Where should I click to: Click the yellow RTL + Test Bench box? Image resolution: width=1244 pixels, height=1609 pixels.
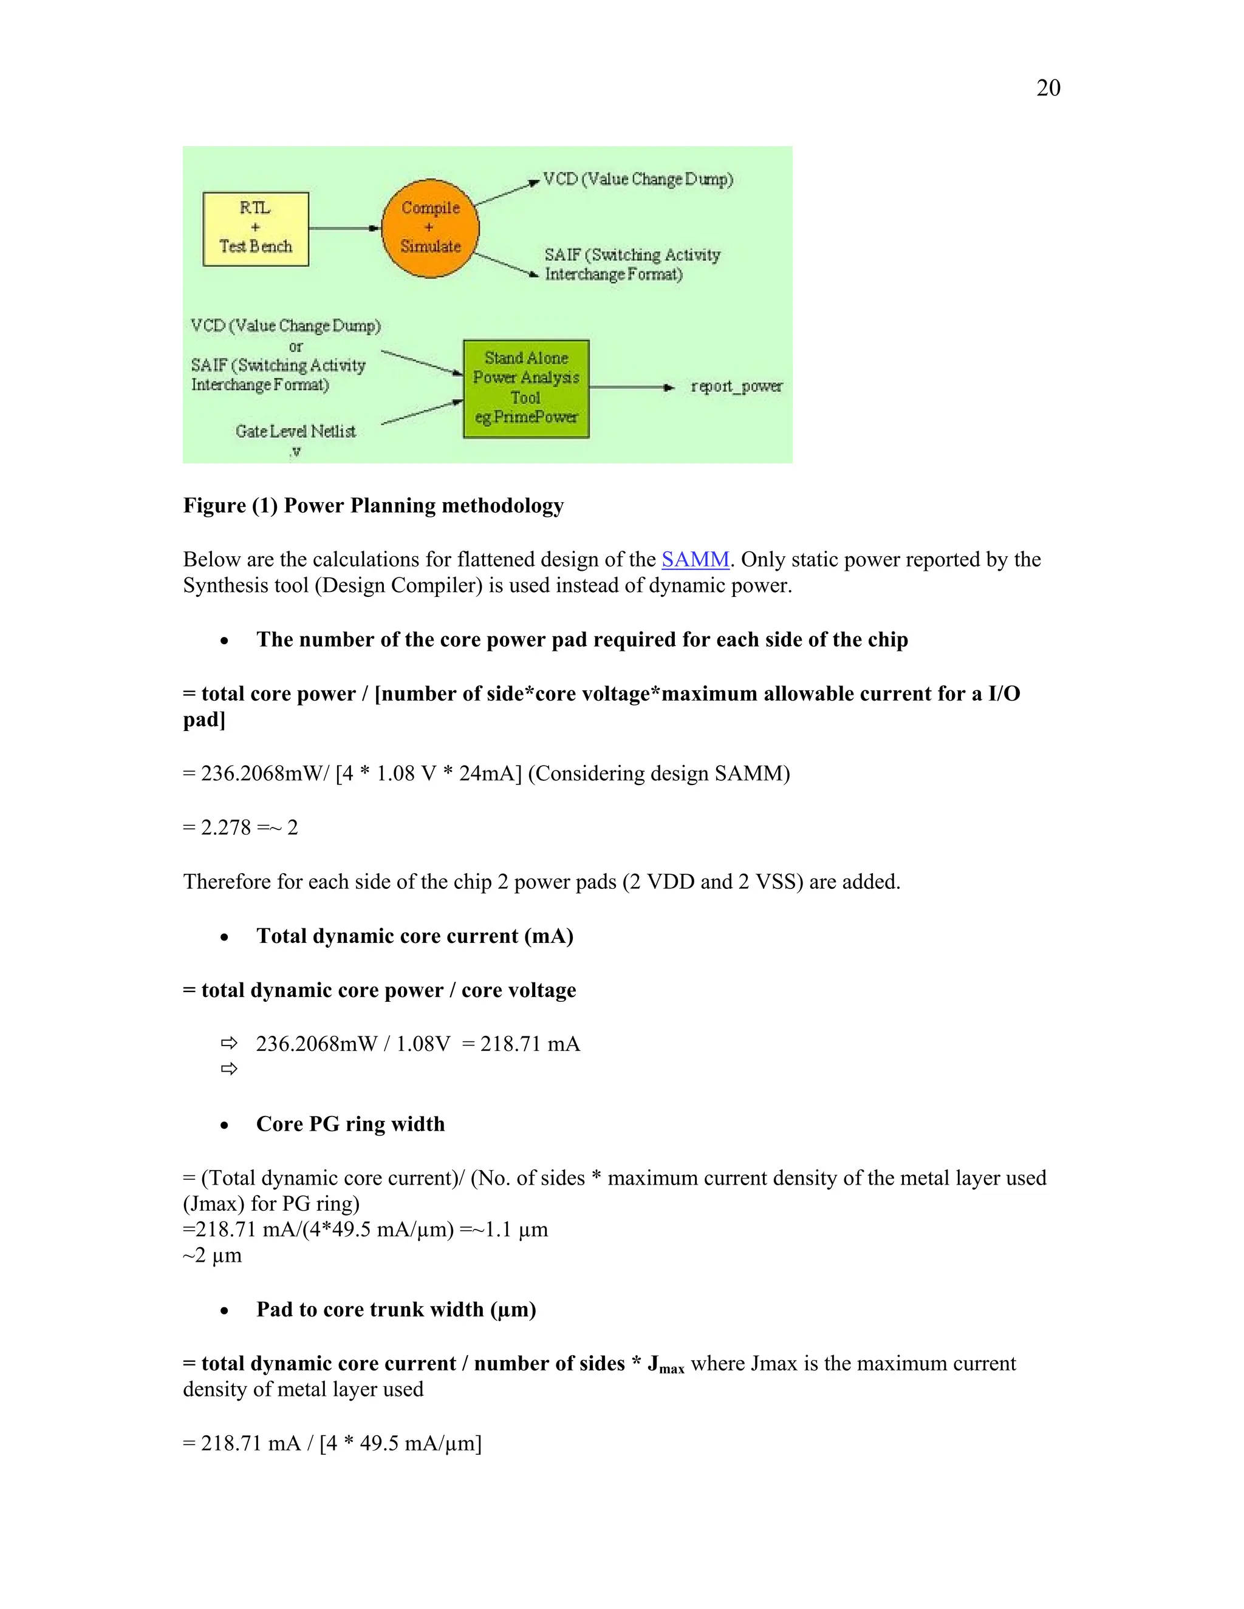tap(256, 228)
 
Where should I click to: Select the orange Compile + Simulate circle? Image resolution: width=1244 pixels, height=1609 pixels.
tap(431, 228)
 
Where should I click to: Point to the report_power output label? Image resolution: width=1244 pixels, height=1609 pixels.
tap(736, 386)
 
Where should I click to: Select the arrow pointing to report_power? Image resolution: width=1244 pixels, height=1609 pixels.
tap(632, 387)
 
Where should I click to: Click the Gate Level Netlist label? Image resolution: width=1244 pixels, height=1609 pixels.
tap(296, 432)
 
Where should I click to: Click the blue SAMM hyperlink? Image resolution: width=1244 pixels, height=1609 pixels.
tap(695, 559)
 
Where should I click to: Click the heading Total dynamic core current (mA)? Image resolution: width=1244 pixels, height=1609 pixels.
tap(414, 936)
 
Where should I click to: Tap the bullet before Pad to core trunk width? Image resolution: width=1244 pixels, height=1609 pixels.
tap(224, 1311)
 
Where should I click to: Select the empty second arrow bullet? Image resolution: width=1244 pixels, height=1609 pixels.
tap(229, 1069)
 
